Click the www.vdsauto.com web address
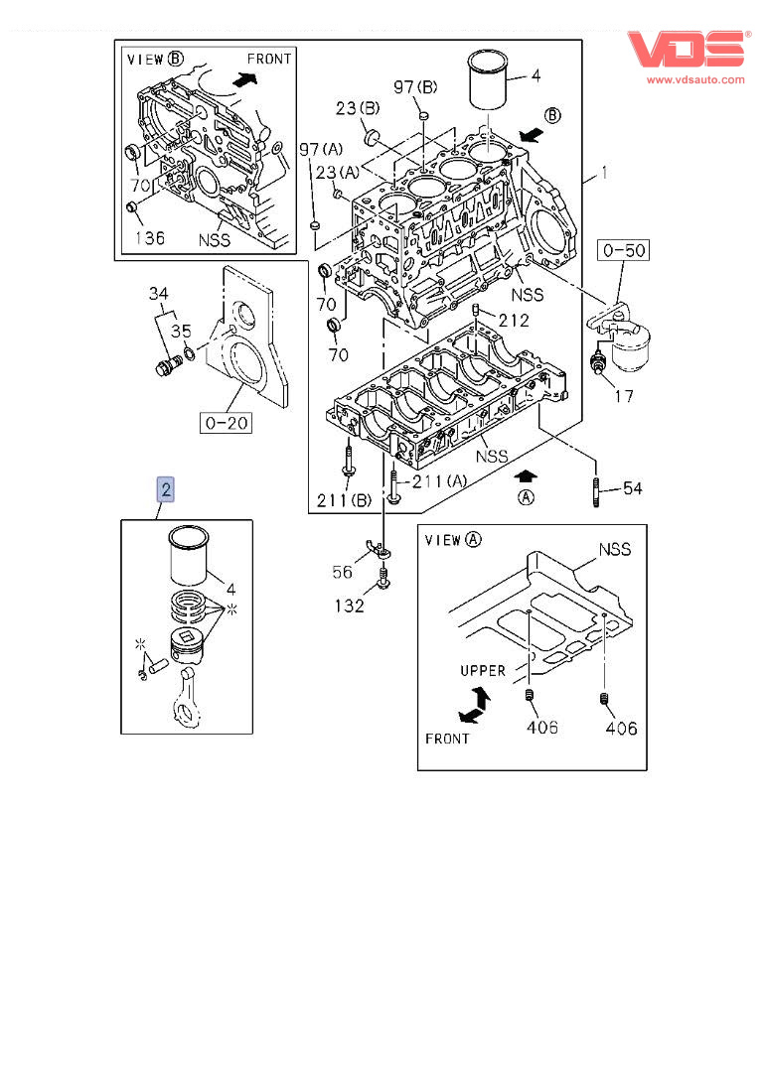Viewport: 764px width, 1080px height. click(695, 79)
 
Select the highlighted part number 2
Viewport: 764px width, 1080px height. click(166, 489)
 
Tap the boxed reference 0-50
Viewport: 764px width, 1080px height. click(623, 250)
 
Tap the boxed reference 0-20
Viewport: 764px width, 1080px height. click(227, 422)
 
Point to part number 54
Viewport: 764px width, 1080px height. click(632, 488)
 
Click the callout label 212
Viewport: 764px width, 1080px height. click(514, 320)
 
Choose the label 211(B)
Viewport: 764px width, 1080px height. click(344, 500)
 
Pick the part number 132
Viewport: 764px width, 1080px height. click(349, 606)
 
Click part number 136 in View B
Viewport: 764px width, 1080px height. click(150, 237)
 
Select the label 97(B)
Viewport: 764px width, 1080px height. click(415, 86)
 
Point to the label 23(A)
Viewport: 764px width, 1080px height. click(337, 172)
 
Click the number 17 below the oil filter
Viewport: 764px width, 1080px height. click(624, 395)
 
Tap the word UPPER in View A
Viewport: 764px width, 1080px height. click(483, 670)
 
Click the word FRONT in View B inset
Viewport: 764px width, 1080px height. click(269, 60)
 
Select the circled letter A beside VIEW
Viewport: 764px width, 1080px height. click(473, 540)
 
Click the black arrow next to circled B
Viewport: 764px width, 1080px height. click(531, 134)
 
